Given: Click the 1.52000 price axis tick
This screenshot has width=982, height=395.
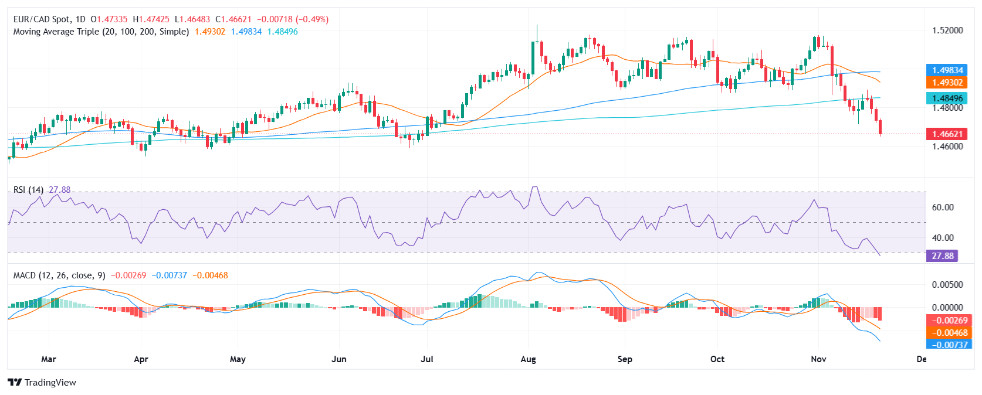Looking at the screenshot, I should [947, 30].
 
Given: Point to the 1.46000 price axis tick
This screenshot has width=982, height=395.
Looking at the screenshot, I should [947, 147].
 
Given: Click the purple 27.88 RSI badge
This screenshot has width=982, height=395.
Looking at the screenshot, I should [942, 256].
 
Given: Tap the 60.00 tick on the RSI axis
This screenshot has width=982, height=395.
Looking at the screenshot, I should [943, 207].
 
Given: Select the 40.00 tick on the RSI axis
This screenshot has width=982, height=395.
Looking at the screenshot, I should [943, 238].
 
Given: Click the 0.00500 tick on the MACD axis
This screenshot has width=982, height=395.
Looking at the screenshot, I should [947, 285].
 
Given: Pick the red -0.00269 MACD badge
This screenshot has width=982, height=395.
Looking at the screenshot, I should [946, 321].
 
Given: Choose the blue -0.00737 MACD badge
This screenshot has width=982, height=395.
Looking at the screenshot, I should [946, 345].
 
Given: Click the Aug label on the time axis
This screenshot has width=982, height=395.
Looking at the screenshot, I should [528, 359].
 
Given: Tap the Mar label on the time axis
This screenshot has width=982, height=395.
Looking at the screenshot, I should [49, 359].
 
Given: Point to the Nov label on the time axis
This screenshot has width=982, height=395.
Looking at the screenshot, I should [818, 359].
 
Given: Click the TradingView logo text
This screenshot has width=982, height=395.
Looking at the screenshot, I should [50, 383].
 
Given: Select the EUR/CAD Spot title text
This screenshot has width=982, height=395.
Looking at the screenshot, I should [41, 19].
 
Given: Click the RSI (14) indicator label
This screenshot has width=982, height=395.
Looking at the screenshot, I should [28, 190].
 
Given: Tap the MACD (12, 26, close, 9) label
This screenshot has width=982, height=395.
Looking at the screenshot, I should [59, 275].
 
